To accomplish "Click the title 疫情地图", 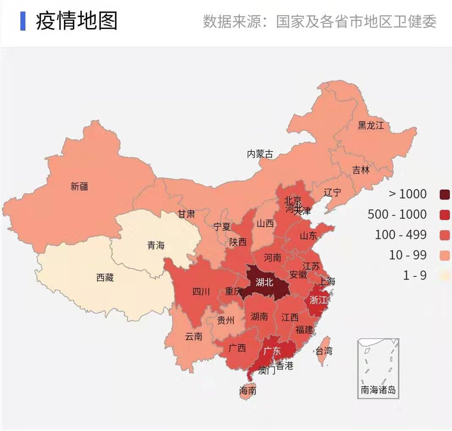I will (76, 21).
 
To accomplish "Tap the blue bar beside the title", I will (23, 21).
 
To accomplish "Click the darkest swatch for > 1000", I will (444, 194).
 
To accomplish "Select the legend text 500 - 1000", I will (397, 214).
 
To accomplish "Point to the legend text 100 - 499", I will (400, 235).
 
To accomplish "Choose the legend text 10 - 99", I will (408, 255).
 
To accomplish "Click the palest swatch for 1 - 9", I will (444, 276).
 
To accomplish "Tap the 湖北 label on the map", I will (264, 282).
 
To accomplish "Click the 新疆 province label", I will (79, 186).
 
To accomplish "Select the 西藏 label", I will (105, 278).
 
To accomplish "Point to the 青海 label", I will (155, 245).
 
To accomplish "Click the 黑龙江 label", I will (370, 125).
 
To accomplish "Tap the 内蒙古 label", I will (260, 154).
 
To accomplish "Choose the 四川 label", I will (201, 292).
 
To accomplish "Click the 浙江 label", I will (318, 300).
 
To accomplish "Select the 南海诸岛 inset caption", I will (378, 390).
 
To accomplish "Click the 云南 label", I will (194, 337).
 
